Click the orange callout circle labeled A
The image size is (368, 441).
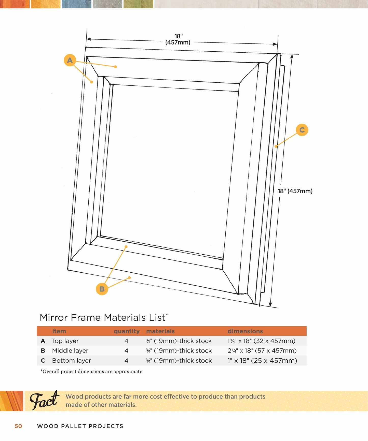(70, 60)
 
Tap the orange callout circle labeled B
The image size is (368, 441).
(102, 289)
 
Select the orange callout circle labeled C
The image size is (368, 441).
(302, 130)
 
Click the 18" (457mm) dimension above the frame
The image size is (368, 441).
(178, 39)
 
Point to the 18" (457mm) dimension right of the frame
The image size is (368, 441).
(295, 191)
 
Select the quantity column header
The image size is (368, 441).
(127, 331)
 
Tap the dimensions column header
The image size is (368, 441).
(245, 331)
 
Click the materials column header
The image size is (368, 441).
(160, 331)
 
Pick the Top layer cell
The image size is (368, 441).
(65, 341)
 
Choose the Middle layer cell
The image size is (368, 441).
(70, 351)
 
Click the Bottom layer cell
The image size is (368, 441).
(71, 361)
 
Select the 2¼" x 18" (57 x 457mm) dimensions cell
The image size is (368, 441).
(262, 351)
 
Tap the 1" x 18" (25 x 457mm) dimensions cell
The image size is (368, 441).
(262, 361)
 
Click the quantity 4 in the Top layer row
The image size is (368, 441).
(126, 341)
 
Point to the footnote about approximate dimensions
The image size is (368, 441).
(91, 372)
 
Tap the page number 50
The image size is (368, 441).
(18, 426)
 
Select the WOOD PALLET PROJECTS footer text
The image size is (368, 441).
(80, 426)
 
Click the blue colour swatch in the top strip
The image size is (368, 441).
(76, 4)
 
